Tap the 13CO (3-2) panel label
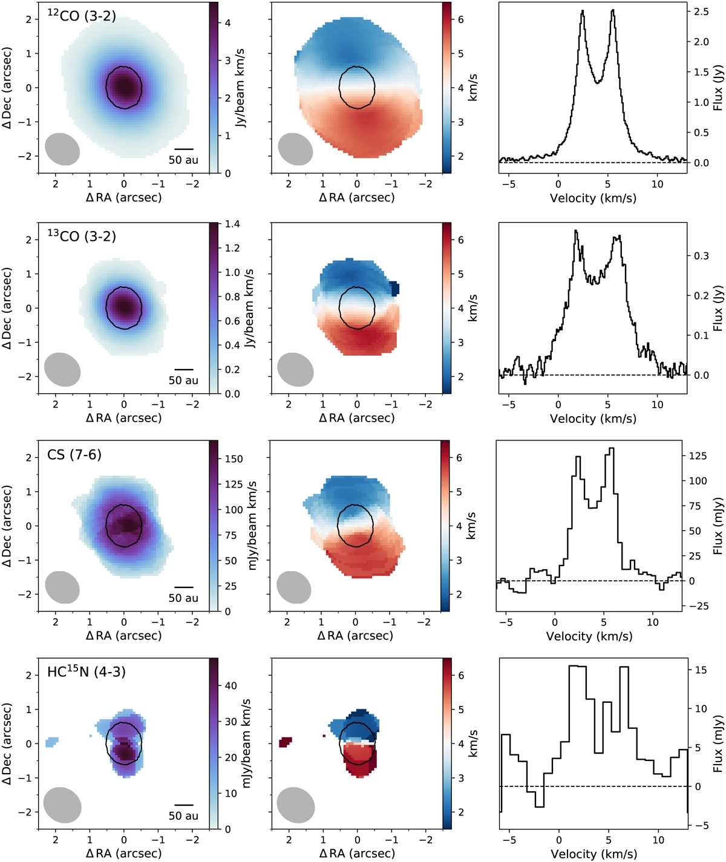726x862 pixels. point(82,235)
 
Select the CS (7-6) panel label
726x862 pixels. point(74,454)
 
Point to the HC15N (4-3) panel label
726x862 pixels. point(87,671)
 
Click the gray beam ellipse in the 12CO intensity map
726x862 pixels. point(62,149)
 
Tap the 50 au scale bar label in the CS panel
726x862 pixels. point(183,598)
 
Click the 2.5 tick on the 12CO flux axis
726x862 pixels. point(702,11)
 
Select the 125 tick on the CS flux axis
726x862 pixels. point(698,456)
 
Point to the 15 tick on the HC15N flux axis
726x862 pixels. point(700,670)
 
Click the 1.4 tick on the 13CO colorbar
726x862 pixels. point(232,224)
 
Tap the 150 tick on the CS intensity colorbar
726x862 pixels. point(234,459)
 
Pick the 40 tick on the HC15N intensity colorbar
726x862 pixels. point(231,686)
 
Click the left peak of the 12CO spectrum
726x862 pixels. point(582,11)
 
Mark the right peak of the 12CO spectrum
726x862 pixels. point(613,10)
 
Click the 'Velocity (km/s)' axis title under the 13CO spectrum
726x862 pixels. point(593,418)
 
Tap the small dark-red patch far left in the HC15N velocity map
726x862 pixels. point(285,741)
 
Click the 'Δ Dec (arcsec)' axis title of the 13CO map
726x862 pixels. point(7,309)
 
